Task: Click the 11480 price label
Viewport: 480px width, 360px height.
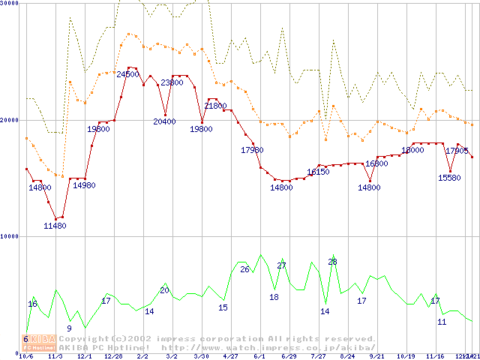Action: [55, 226]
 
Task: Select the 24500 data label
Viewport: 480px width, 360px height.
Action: [127, 74]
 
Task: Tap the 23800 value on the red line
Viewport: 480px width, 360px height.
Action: [172, 82]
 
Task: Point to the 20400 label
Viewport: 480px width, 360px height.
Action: [164, 121]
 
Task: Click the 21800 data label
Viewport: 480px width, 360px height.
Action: [215, 106]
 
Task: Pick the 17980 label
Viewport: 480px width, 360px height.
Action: [252, 150]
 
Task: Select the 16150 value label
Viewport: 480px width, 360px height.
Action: [318, 172]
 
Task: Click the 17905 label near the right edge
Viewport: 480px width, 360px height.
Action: [457, 151]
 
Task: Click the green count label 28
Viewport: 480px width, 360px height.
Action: [332, 262]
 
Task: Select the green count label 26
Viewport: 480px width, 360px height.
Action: [244, 269]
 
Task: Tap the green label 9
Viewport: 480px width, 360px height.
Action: [69, 328]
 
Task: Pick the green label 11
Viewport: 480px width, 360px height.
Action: [442, 322]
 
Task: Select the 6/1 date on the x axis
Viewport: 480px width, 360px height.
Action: [260, 356]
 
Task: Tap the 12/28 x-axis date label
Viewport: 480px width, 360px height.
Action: [113, 356]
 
